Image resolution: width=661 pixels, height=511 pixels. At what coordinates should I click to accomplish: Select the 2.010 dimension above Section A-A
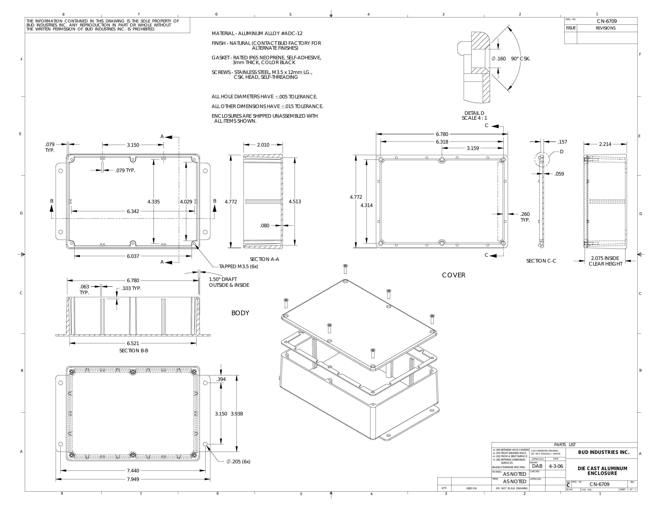pyautogui.click(x=263, y=145)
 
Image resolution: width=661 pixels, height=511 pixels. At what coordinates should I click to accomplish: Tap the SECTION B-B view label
pyautogui.click(x=133, y=350)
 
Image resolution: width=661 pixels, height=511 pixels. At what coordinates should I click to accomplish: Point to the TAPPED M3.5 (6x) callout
pyautogui.click(x=239, y=266)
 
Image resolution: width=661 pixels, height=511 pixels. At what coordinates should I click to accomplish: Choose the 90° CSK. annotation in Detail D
pyautogui.click(x=521, y=59)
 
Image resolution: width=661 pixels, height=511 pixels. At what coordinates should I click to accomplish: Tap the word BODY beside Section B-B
pyautogui.click(x=240, y=313)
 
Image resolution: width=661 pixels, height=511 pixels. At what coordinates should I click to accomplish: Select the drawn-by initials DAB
pyautogui.click(x=537, y=466)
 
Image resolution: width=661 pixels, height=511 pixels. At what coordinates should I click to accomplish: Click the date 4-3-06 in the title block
pyautogui.click(x=556, y=466)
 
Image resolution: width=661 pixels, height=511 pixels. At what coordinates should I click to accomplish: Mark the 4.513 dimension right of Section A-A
pyautogui.click(x=295, y=202)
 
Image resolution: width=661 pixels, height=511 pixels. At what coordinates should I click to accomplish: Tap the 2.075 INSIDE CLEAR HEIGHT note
pyautogui.click(x=605, y=261)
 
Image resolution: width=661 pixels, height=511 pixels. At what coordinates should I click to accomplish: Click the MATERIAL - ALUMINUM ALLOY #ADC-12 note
pyautogui.click(x=257, y=34)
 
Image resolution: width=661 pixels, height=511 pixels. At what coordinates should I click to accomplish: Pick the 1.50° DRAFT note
pyautogui.click(x=223, y=279)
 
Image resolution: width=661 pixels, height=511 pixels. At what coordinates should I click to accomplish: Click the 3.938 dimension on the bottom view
pyautogui.click(x=237, y=414)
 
